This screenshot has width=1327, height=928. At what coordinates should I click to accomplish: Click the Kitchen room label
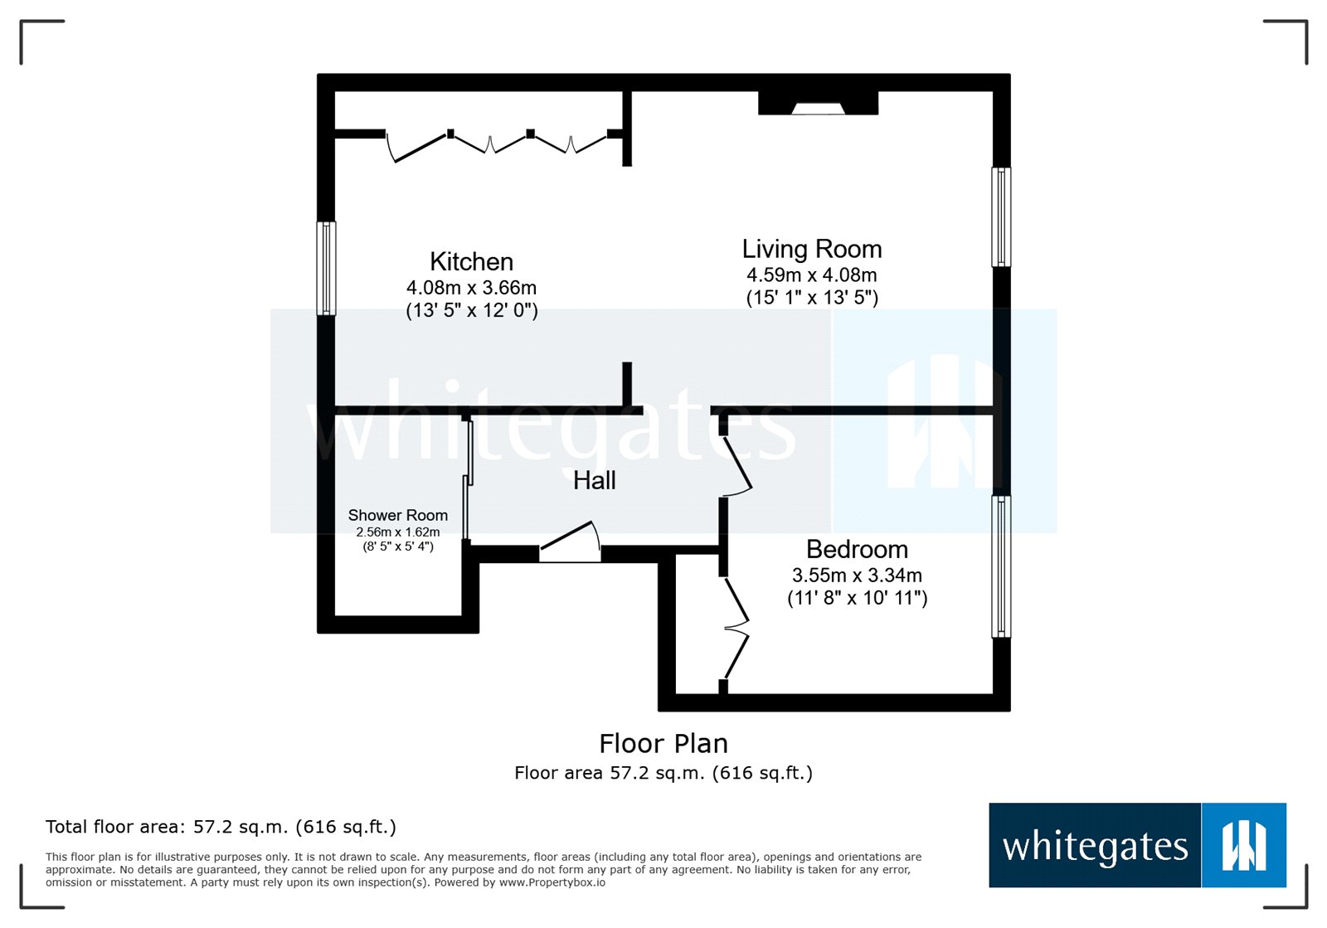[471, 262]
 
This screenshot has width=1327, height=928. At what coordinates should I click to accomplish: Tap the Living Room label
[811, 249]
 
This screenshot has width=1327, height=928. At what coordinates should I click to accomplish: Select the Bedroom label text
[857, 549]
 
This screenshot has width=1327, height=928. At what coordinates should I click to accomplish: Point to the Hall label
[594, 480]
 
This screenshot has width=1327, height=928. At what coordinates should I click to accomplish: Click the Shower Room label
[397, 515]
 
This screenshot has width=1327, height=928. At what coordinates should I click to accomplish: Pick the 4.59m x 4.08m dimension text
[811, 275]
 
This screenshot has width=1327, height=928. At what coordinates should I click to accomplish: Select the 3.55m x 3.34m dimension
[857, 575]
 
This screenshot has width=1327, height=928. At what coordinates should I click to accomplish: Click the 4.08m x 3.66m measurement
[471, 288]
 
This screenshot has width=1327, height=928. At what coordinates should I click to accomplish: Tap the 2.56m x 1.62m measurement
[397, 532]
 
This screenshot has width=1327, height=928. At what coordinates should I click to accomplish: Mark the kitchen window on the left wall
[327, 268]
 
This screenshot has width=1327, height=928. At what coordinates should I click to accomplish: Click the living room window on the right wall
[1001, 217]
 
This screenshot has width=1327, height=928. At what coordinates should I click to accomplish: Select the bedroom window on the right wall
[1001, 566]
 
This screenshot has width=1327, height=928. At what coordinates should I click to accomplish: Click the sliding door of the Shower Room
[468, 481]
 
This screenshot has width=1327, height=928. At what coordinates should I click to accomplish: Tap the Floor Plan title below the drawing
[663, 743]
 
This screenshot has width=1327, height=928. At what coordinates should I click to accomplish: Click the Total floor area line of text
[221, 827]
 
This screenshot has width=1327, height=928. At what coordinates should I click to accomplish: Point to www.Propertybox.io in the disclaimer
[552, 882]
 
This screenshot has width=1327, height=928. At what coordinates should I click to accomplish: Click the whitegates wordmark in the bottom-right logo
[1095, 846]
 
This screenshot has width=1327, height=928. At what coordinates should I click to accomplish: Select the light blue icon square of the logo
[1243, 845]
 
